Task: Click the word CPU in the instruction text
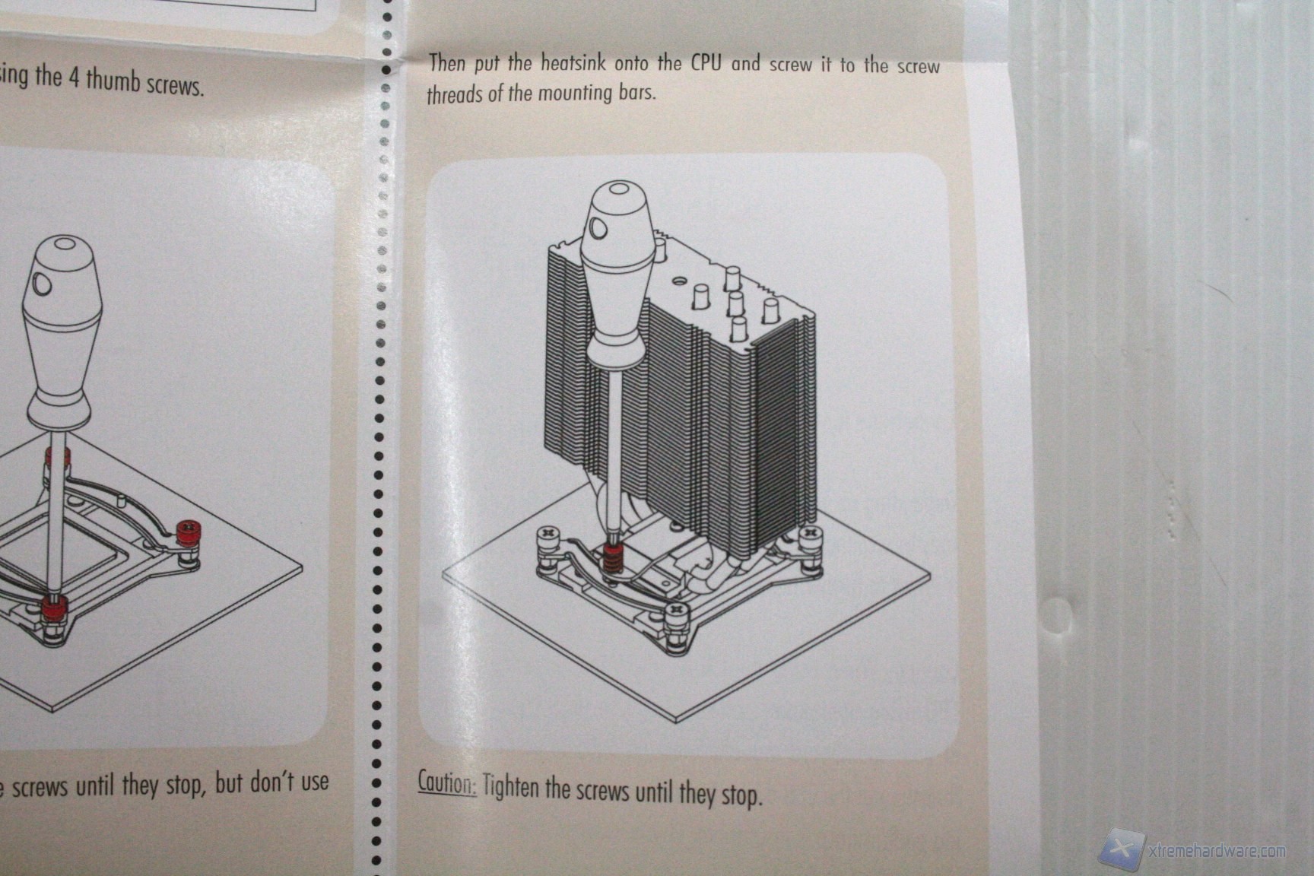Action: pyautogui.click(x=706, y=62)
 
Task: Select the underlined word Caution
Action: pyautogui.click(x=447, y=782)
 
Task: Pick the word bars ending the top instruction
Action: pyautogui.click(x=636, y=94)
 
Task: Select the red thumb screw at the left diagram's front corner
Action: pyautogui.click(x=53, y=609)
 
